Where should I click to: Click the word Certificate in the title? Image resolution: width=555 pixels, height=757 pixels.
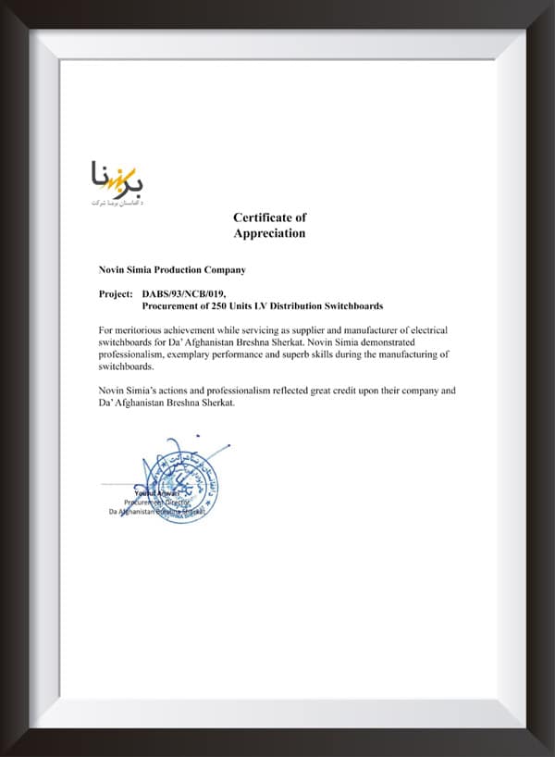(262, 217)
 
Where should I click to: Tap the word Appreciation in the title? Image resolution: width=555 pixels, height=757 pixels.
(269, 233)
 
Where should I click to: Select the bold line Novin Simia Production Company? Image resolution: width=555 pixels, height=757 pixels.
(172, 269)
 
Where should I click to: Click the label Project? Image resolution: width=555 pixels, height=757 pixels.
(116, 293)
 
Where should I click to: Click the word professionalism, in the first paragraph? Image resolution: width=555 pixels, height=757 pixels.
(138, 354)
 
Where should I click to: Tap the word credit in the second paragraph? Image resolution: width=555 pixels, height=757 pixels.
(331, 391)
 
